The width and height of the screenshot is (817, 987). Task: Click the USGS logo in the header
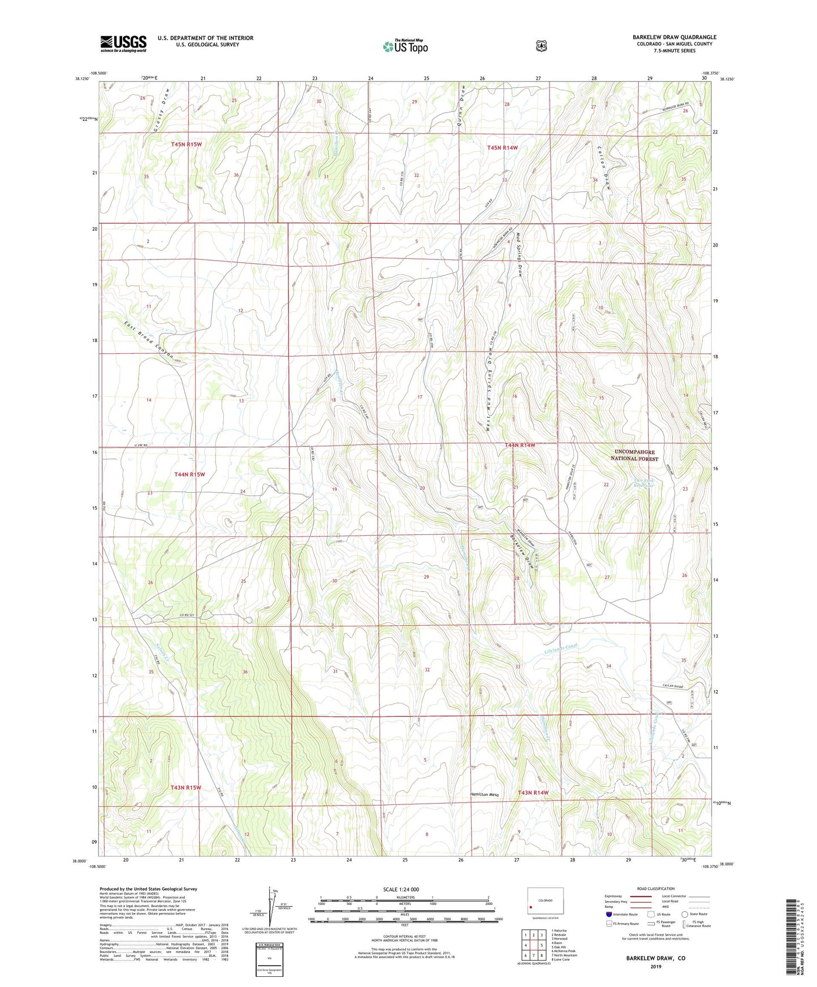123,44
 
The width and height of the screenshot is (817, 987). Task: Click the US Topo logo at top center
405,46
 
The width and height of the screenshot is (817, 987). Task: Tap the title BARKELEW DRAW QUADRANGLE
674,37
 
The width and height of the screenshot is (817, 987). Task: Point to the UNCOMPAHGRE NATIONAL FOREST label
636,456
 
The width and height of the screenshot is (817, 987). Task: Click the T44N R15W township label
189,474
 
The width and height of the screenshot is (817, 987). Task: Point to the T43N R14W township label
533,793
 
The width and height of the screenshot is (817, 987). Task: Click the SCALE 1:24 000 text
401,889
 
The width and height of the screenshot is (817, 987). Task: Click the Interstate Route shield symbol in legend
608,914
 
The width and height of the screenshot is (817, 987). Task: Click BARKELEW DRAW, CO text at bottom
655,958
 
